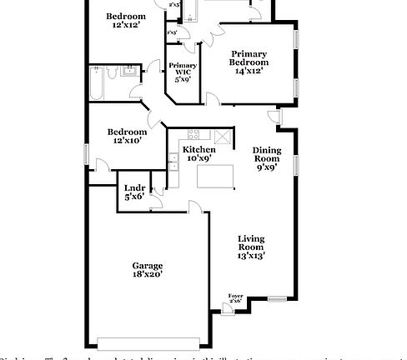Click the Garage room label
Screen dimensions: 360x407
pyautogui.click(x=147, y=266)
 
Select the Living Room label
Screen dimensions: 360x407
pyautogui.click(x=251, y=243)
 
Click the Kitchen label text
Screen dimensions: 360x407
pyautogui.click(x=198, y=149)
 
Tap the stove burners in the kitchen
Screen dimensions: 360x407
pyautogui.click(x=193, y=135)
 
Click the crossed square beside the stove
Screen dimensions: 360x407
pyautogui.click(x=222, y=137)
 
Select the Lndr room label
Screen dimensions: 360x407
pyautogui.click(x=133, y=188)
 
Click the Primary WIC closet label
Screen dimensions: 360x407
pyautogui.click(x=183, y=69)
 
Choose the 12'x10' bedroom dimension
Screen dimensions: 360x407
pyautogui.click(x=127, y=141)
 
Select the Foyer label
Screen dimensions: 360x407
pyautogui.click(x=236, y=296)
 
